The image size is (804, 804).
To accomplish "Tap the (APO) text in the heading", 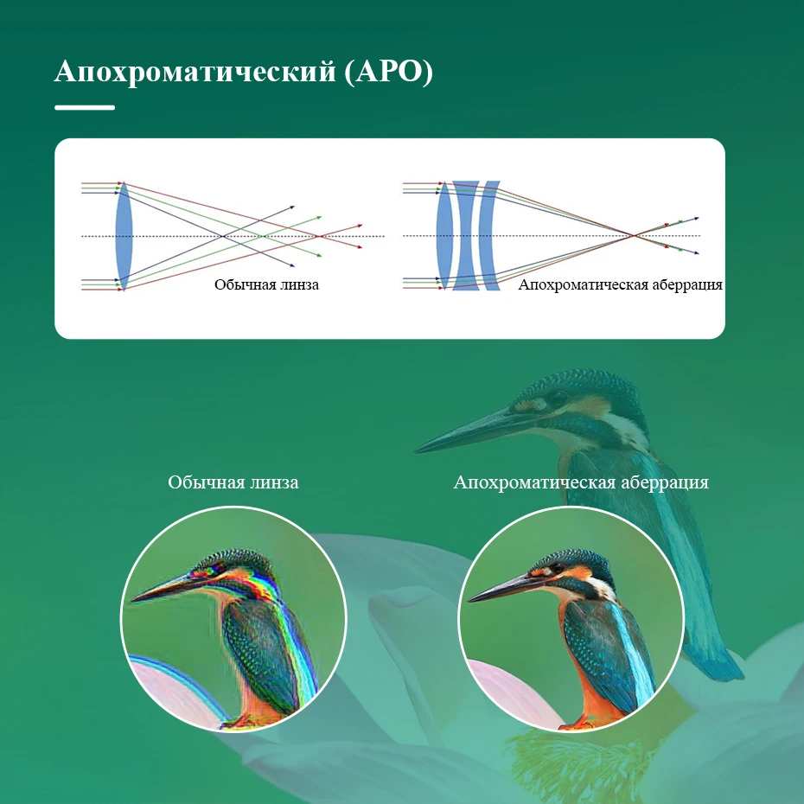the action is [x=388, y=72].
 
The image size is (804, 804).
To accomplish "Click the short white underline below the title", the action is [x=85, y=107].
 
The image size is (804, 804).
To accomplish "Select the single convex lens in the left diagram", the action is [x=124, y=236].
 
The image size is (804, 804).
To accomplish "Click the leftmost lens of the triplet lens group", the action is [x=444, y=235].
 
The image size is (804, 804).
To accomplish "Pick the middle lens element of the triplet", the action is [x=466, y=235].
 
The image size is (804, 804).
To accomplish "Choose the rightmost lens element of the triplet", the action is [x=490, y=235].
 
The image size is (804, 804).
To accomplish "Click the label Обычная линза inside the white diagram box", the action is [x=266, y=284].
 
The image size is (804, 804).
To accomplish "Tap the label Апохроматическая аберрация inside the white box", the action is [x=620, y=284].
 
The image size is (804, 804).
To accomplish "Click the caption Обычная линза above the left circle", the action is [x=233, y=482].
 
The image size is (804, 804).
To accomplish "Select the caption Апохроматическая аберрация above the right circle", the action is [x=581, y=482].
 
